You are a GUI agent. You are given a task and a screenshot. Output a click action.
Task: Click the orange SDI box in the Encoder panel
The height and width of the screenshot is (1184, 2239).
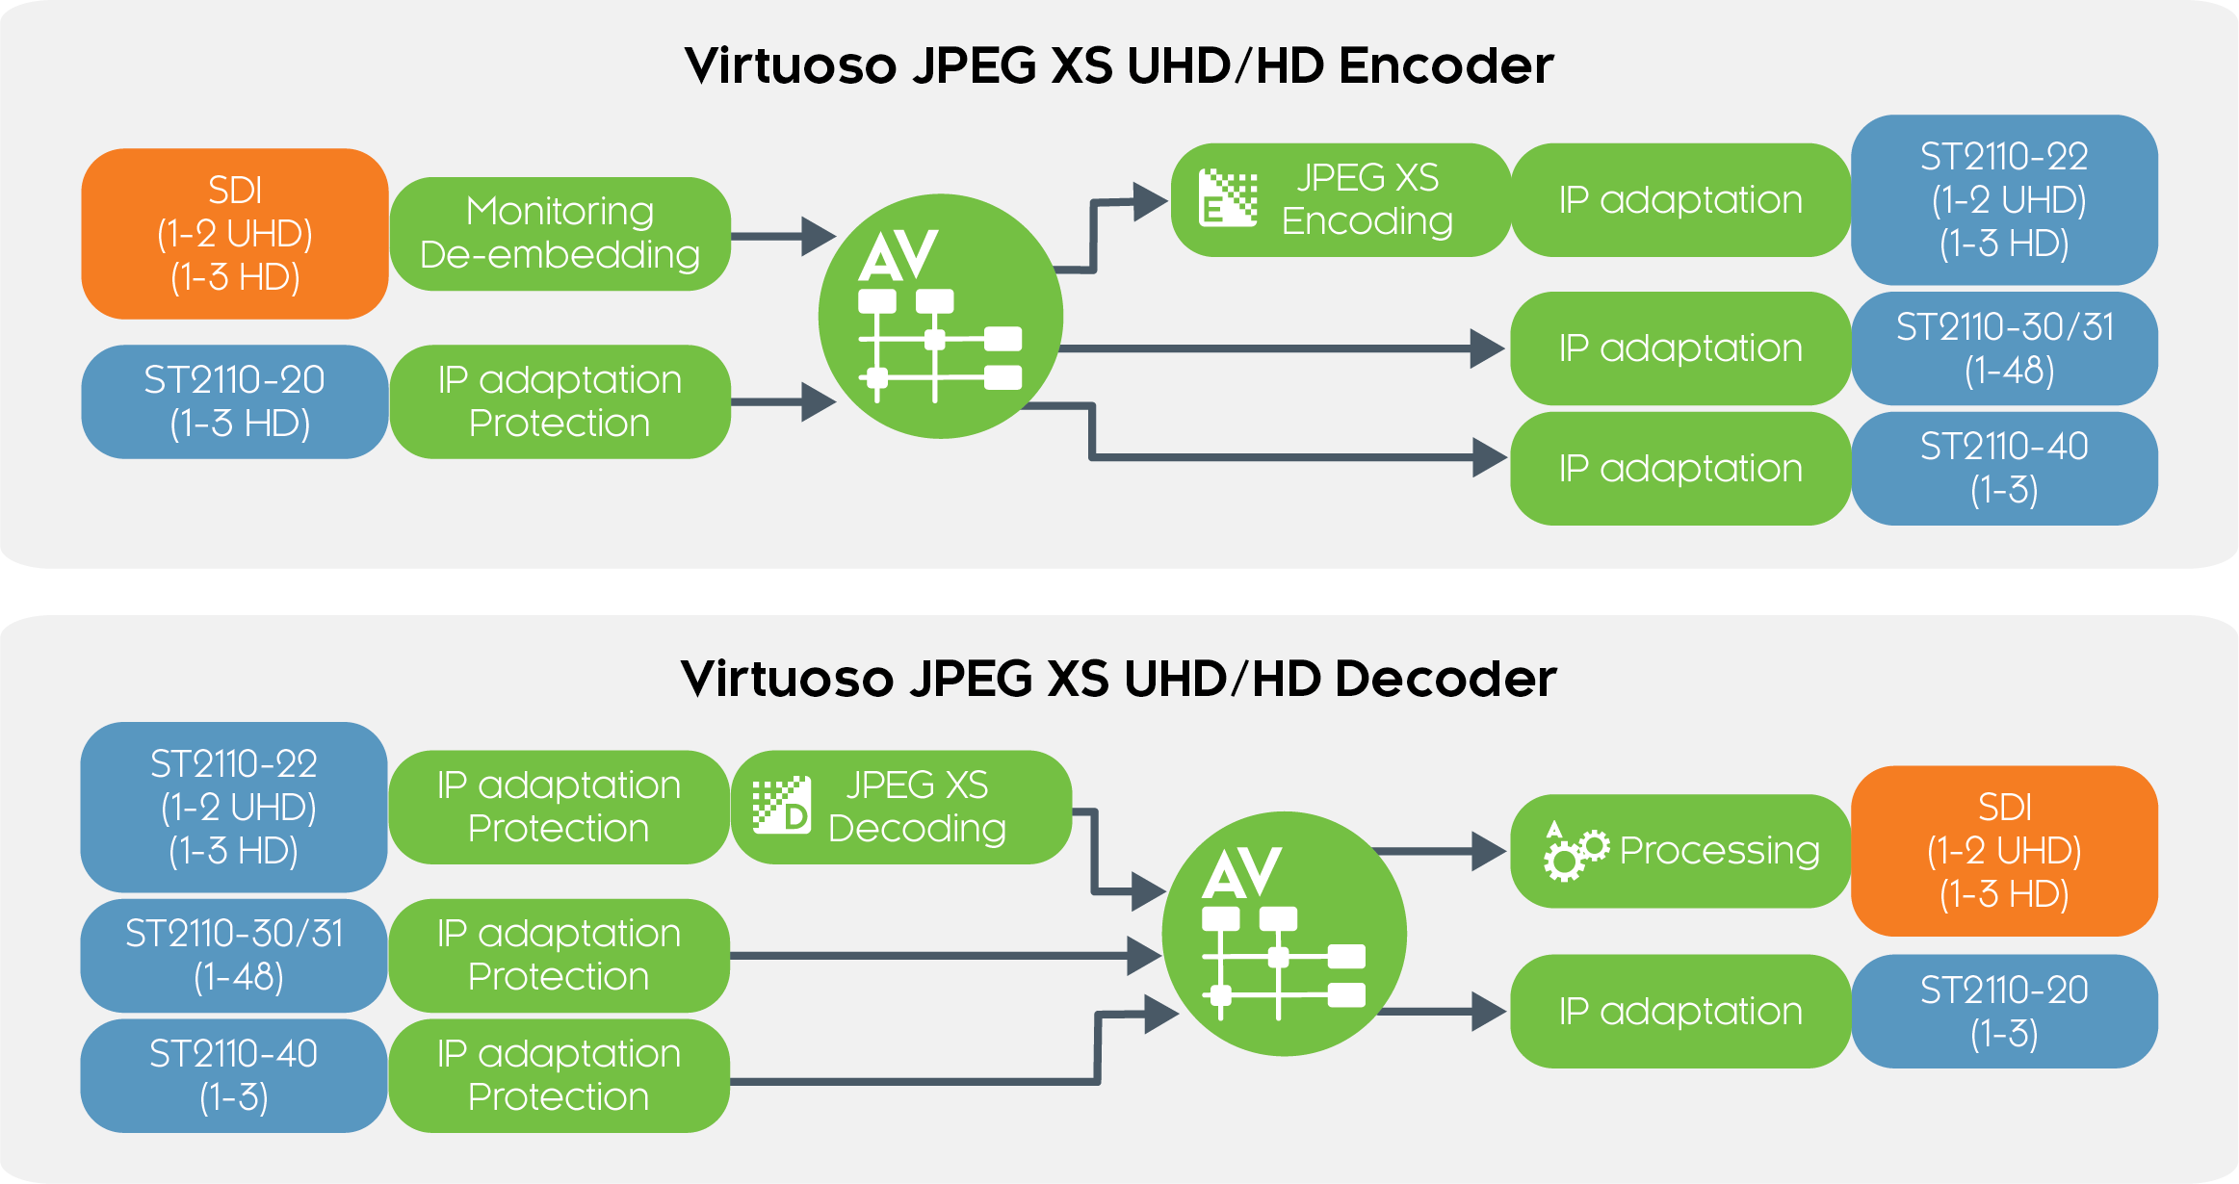(235, 234)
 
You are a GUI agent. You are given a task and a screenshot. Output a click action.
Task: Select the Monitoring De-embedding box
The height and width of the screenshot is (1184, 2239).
(560, 234)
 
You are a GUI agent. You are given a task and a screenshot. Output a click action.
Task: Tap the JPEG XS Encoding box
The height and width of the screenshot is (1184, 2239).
(1341, 200)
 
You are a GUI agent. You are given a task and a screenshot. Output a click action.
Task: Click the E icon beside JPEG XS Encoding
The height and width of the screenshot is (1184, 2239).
(1228, 198)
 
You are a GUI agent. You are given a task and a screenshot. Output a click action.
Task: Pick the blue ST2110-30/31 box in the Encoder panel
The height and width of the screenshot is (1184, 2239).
(2004, 348)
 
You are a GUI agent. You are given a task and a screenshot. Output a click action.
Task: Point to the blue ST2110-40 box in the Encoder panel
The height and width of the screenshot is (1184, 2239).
(2004, 469)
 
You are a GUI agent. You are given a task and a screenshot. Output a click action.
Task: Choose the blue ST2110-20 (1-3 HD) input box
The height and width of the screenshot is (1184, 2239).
(235, 401)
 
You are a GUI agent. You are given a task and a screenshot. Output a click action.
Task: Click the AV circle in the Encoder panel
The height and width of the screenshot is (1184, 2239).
(940, 317)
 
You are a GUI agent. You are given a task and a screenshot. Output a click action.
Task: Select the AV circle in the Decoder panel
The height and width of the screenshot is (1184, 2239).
(1284, 934)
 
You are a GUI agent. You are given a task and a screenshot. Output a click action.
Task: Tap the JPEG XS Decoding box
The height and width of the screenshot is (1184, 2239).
(901, 808)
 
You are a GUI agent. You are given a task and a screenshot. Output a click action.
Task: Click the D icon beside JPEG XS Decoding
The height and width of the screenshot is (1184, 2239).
(782, 806)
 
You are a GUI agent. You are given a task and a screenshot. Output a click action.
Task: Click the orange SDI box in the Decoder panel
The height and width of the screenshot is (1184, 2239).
(2004, 851)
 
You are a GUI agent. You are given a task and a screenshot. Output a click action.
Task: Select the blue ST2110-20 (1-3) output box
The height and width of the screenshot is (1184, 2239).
(2004, 1012)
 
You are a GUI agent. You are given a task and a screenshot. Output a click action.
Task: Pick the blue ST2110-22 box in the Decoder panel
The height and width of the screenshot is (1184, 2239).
(234, 808)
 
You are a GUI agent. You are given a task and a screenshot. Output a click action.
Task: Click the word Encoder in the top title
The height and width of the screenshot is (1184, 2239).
(1445, 66)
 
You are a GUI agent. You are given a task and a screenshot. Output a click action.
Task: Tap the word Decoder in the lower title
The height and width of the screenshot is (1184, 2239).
(1445, 679)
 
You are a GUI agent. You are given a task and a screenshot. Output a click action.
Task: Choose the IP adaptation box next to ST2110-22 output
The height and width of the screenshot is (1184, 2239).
(1680, 200)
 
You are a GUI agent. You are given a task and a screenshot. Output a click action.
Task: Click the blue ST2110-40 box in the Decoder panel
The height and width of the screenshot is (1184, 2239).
(234, 1076)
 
